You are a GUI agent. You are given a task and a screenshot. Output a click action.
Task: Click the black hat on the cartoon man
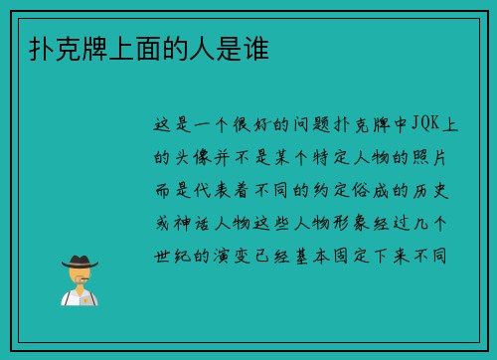pos(80,261)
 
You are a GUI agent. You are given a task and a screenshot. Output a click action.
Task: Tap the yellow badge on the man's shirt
pos(87,296)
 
